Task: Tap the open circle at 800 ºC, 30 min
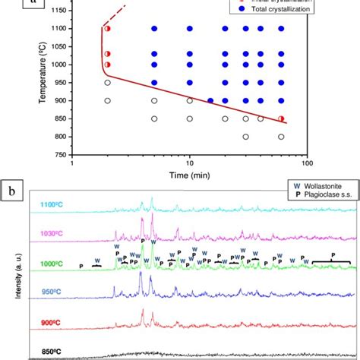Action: pos(245,137)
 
